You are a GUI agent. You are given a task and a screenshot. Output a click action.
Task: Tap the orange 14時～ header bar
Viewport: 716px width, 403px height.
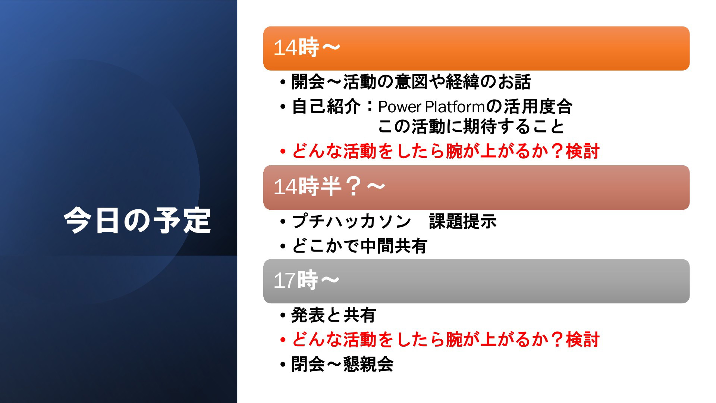pos(476,48)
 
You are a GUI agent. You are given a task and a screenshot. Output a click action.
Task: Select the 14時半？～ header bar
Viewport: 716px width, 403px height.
pos(476,187)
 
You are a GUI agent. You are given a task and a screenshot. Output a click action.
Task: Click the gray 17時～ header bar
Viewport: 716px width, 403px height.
pos(476,281)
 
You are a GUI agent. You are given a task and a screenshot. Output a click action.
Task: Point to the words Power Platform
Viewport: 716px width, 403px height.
pos(431,107)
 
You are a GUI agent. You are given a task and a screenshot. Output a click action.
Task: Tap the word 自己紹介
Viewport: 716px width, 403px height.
pos(326,107)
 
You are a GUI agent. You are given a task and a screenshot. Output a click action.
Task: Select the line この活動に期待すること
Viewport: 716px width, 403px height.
pos(471,126)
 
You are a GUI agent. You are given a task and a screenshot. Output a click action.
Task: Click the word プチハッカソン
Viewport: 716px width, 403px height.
pos(351,221)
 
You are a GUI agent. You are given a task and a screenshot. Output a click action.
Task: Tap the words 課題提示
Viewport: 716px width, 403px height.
pos(463,221)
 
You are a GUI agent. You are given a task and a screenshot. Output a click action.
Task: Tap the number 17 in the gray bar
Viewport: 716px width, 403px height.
pos(285,281)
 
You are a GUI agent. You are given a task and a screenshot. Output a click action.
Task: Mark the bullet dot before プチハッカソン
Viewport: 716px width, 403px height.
pos(283,222)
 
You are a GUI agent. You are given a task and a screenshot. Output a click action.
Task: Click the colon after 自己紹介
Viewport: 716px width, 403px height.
pos(370,107)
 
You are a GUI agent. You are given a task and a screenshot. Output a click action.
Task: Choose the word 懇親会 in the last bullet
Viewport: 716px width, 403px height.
pos(368,364)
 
